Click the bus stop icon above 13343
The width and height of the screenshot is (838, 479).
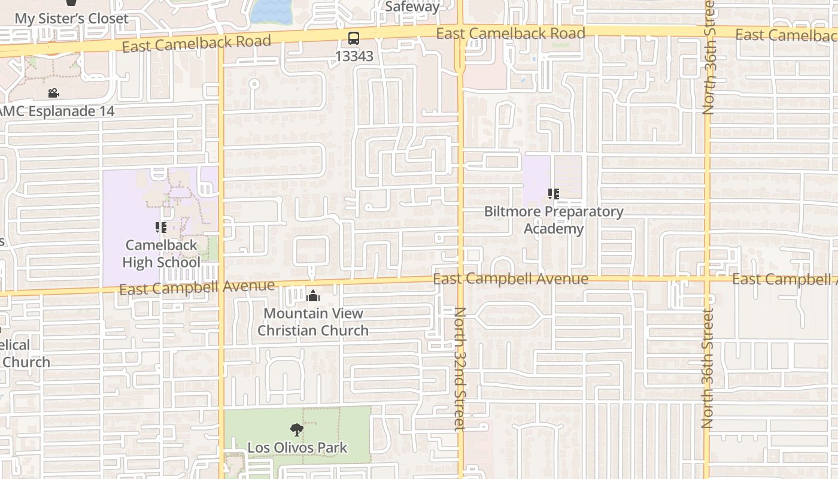(354, 39)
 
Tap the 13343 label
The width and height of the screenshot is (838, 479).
(354, 56)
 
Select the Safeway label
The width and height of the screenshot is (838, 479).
(412, 7)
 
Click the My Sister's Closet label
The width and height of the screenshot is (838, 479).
(71, 19)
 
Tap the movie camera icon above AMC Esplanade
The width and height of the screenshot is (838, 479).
(54, 93)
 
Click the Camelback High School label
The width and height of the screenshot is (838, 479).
(161, 254)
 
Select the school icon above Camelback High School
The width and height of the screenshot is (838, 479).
(160, 228)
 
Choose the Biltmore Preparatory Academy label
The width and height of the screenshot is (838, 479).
(554, 220)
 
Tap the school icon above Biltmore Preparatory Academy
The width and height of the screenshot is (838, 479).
(554, 194)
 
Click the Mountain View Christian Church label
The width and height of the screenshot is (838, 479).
(313, 322)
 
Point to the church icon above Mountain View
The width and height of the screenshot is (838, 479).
(312, 296)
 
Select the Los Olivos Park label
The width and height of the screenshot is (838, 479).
(297, 447)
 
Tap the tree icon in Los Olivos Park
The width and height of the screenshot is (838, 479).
(296, 429)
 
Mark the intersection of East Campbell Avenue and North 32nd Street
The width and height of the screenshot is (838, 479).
(460, 279)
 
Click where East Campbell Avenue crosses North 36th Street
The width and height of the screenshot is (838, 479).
(708, 278)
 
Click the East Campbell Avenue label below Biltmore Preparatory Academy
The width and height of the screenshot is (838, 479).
(511, 279)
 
